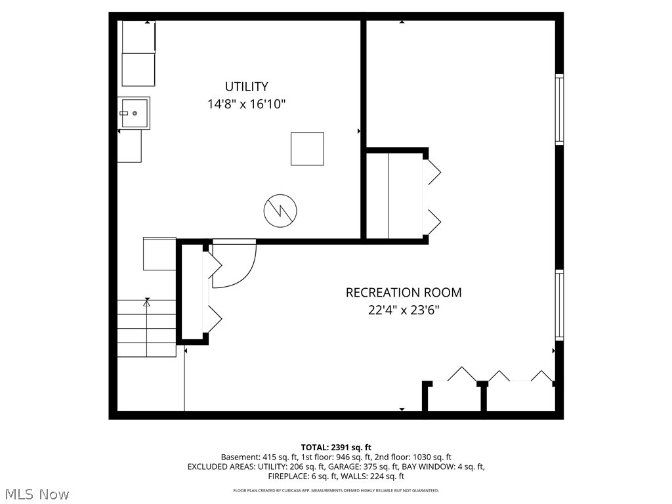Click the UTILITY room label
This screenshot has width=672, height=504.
[x=246, y=87]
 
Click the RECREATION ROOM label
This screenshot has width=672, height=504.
[x=404, y=293]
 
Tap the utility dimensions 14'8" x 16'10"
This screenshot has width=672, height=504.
[x=246, y=104]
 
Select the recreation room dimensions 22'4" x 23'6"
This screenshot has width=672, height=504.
[x=404, y=310]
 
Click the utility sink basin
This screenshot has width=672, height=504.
[x=135, y=113]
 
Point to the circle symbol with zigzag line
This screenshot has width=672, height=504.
[x=280, y=211]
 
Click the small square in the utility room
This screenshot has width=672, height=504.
[x=307, y=148]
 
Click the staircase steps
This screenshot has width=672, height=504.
[x=147, y=328]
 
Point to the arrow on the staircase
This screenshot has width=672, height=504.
[x=146, y=303]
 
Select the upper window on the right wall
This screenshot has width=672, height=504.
[x=559, y=110]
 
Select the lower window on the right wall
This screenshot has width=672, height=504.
[x=559, y=304]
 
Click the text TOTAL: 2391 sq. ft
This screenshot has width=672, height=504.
[x=336, y=448]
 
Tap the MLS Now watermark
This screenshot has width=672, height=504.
[x=37, y=493]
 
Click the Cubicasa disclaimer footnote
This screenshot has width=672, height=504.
[x=336, y=490]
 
